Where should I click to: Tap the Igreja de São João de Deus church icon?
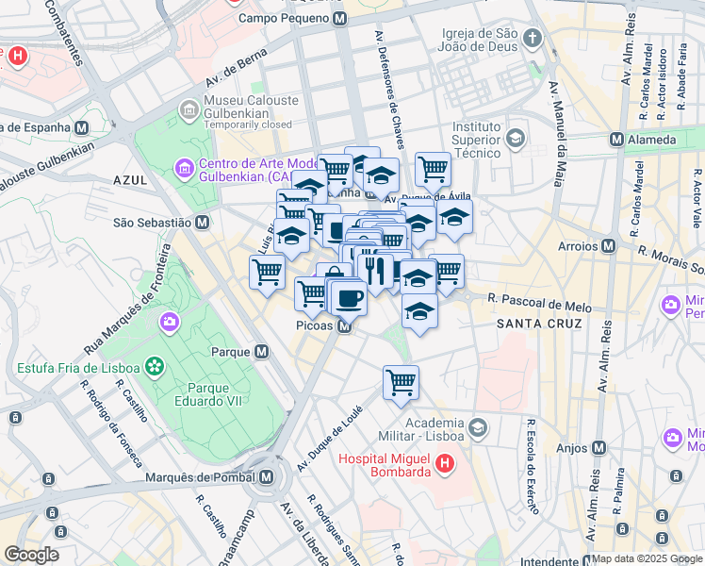533,39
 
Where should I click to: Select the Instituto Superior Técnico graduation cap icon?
515,140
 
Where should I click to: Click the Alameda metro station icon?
616,140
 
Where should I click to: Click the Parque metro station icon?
262,352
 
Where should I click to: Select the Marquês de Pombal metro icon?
268,477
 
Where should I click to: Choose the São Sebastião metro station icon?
202,223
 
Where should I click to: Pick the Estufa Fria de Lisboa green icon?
155,367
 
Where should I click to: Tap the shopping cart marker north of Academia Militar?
401,382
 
